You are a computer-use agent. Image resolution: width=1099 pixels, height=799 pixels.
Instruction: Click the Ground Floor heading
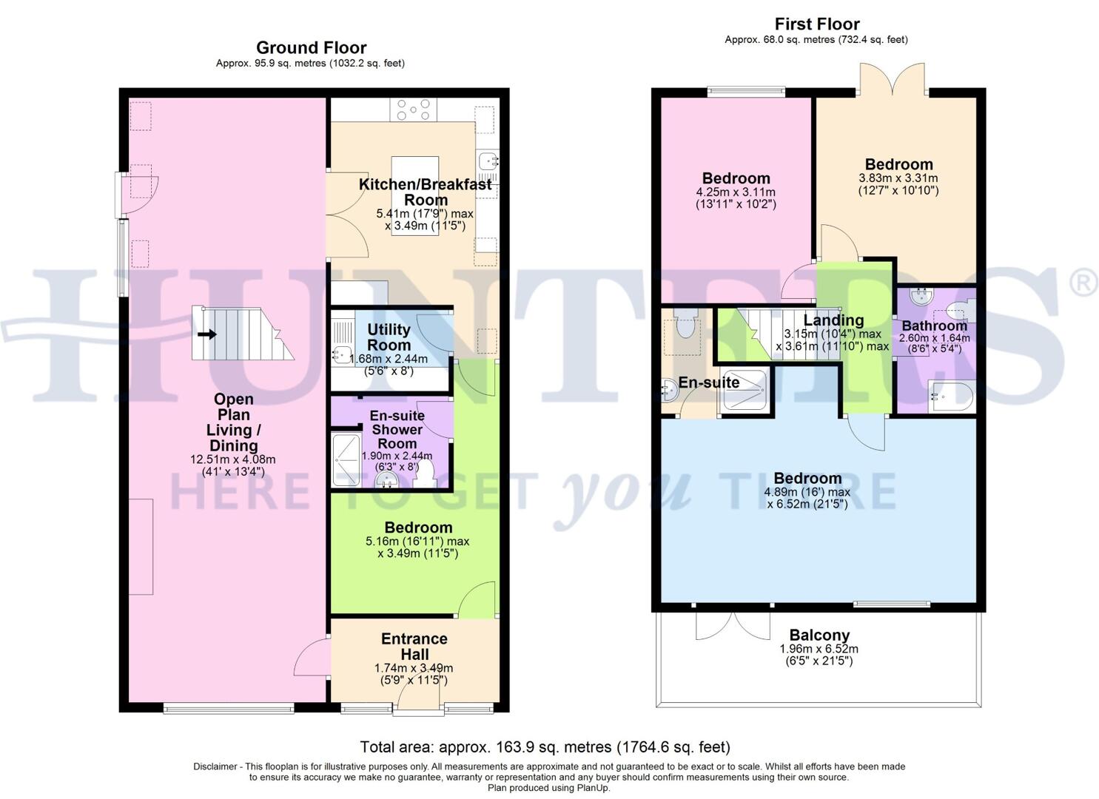(311, 48)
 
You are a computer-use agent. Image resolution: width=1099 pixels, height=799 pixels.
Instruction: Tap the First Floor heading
(816, 24)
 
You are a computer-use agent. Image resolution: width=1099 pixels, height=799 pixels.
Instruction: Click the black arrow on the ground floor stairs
(207, 334)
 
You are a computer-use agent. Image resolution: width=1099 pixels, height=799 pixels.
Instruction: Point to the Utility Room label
(389, 337)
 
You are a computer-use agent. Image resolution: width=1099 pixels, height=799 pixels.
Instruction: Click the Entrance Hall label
(414, 647)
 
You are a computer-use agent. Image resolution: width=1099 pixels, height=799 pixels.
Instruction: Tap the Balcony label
(819, 635)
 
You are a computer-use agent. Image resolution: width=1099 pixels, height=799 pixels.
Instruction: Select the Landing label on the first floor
(833, 320)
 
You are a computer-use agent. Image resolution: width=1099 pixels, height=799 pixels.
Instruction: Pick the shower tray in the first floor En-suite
(743, 390)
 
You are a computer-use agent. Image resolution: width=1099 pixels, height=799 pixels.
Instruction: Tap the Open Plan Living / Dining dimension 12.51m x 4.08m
(233, 459)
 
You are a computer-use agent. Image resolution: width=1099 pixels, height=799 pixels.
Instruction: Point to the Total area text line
(545, 746)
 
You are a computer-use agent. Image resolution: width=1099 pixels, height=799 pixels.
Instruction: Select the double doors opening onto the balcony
(732, 625)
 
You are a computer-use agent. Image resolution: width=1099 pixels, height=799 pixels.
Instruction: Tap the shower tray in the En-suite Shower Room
(346, 460)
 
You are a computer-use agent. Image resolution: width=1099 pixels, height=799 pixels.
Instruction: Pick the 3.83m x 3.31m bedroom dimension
(898, 178)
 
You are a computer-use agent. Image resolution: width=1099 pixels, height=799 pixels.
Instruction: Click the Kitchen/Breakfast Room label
(425, 192)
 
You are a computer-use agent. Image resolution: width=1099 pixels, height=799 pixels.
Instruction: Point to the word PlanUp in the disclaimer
(593, 788)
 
